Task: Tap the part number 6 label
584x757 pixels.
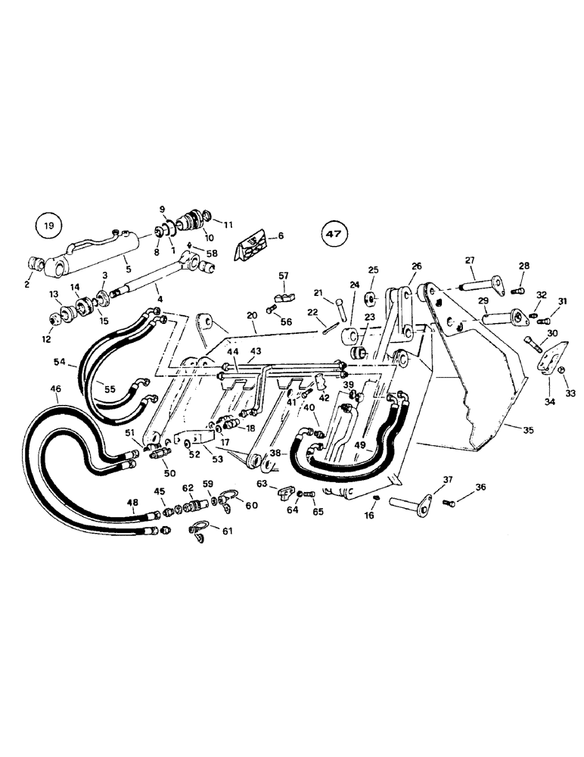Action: click(x=281, y=236)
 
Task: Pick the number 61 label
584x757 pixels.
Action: click(x=228, y=531)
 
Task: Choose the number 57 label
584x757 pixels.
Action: click(x=284, y=276)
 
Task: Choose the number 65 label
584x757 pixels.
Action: click(x=317, y=512)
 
